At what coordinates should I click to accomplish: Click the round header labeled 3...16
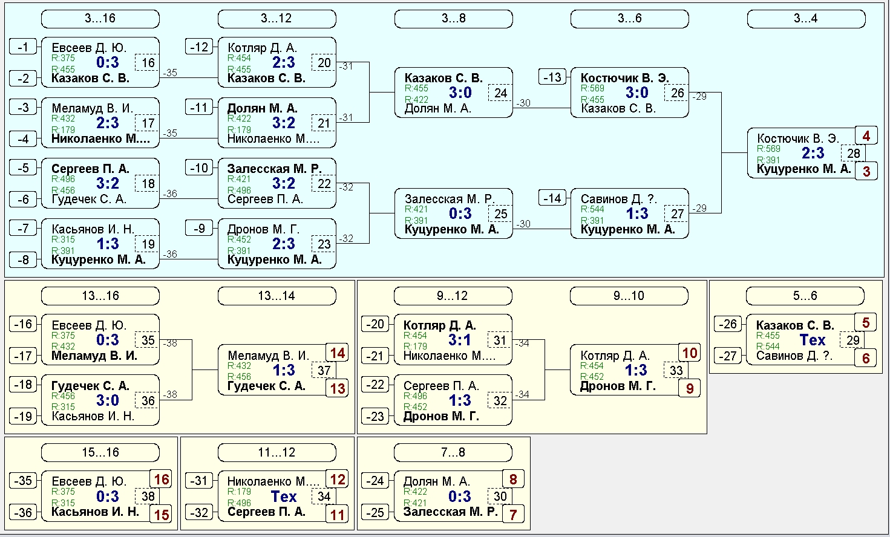click(x=100, y=19)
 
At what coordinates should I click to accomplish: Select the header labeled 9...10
click(x=629, y=296)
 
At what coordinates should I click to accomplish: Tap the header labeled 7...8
click(x=453, y=452)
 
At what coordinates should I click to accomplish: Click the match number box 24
click(x=500, y=93)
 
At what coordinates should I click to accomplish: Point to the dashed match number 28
click(x=853, y=154)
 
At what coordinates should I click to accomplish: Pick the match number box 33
click(x=676, y=371)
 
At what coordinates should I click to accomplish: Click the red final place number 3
click(x=866, y=171)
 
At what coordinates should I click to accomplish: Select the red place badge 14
click(x=338, y=353)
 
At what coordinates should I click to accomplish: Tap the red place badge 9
click(x=690, y=388)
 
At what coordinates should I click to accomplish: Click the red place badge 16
click(x=162, y=480)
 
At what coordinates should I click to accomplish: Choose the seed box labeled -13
click(x=552, y=77)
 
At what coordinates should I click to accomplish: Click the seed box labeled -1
click(x=23, y=47)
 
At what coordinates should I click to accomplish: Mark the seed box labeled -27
click(x=727, y=356)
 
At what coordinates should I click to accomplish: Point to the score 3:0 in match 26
click(x=637, y=93)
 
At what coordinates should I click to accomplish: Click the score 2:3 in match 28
click(x=813, y=153)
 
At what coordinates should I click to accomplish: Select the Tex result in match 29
click(x=813, y=340)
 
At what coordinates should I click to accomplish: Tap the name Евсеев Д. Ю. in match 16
click(x=89, y=48)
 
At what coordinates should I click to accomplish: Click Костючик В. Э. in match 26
click(x=624, y=78)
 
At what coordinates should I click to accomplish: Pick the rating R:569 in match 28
click(x=768, y=149)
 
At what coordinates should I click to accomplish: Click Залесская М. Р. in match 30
click(x=451, y=512)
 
